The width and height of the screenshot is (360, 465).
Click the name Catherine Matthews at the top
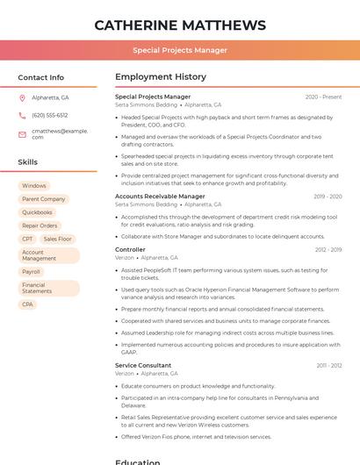(x=179, y=25)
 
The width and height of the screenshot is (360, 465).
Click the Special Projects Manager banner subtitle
(x=179, y=50)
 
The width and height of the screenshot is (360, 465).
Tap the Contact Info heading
(x=40, y=77)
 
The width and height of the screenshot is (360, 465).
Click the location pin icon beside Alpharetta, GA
(x=22, y=97)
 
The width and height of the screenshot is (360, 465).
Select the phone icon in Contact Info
(x=22, y=115)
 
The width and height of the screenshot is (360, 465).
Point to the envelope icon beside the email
(x=22, y=134)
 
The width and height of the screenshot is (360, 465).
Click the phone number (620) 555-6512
(x=49, y=115)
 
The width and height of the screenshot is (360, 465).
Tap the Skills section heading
(x=27, y=161)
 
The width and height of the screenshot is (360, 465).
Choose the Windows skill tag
(x=34, y=186)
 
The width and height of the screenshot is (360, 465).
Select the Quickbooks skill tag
(x=37, y=212)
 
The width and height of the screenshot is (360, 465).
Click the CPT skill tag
(x=27, y=239)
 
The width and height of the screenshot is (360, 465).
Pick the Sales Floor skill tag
(x=57, y=239)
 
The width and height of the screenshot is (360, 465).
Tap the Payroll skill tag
(x=31, y=272)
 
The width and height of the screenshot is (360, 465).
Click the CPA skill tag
(x=27, y=304)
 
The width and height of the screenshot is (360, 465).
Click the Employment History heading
(x=160, y=77)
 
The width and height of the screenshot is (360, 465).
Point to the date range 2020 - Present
(x=323, y=97)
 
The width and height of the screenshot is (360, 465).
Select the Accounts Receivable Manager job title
(x=160, y=197)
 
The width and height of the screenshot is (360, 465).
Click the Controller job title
(x=130, y=250)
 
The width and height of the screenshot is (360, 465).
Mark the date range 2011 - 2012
(x=329, y=365)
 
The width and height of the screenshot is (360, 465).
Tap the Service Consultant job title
(x=143, y=365)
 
